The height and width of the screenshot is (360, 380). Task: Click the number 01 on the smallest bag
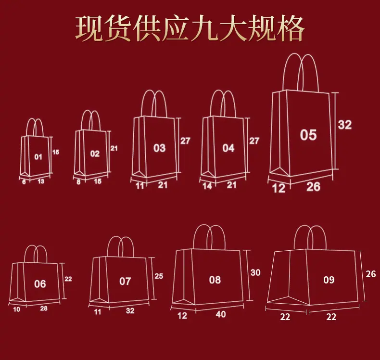pos(38,157)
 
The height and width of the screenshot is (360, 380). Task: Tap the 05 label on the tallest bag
pos(308,135)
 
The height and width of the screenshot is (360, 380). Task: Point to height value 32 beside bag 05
pos(344,125)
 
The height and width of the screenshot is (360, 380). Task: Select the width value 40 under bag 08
pos(220,314)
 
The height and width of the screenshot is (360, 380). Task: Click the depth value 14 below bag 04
pos(207,186)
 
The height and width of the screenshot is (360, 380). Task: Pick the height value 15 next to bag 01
pos(56,152)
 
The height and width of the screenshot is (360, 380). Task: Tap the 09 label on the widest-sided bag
pos(329,280)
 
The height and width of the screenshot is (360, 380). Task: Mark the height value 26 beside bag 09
pos(370,274)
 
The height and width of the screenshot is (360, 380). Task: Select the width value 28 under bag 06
pos(44,309)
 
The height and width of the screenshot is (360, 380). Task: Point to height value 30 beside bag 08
pos(255,272)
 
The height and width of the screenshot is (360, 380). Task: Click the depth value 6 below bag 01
pos(24,181)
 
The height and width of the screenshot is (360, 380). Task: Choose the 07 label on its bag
pos(125,281)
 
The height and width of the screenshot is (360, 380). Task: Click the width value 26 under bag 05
pos(313,187)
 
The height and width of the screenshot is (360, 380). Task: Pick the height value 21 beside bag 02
pos(114,148)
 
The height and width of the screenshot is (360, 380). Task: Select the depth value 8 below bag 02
pos(78,182)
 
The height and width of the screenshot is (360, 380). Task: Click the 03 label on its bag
pos(159,148)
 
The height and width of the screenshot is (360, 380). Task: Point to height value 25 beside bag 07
pos(159,276)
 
